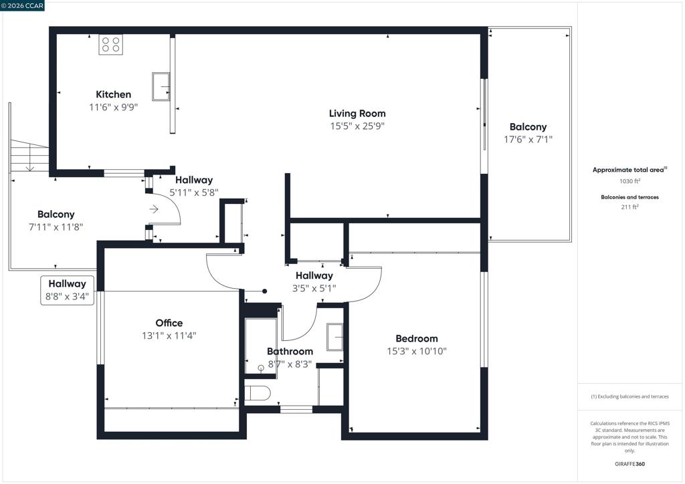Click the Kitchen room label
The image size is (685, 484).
pos(113,94)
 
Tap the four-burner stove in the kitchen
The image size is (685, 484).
pos(110,45)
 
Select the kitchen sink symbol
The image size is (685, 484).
pos(161,86)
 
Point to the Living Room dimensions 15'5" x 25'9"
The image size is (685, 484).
pos(357,126)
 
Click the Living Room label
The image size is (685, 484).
pos(357,114)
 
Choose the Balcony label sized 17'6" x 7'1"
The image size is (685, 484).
pos(528,127)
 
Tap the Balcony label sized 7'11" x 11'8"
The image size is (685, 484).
pos(56,215)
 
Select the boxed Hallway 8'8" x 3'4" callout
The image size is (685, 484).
pos(68,290)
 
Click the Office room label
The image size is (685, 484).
pos(169,323)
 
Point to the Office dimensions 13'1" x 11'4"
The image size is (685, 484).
pos(169,336)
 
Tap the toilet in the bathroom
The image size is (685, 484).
pos(258,393)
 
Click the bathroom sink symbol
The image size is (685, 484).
pos(335,336)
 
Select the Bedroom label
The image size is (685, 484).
pos(417,339)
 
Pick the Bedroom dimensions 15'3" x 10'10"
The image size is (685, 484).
pos(417,352)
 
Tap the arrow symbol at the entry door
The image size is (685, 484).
pos(154,209)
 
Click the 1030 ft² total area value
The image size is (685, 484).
pos(629,180)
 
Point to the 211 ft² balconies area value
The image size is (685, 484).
pos(629,207)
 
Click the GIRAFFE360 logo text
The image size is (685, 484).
pos(629,464)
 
